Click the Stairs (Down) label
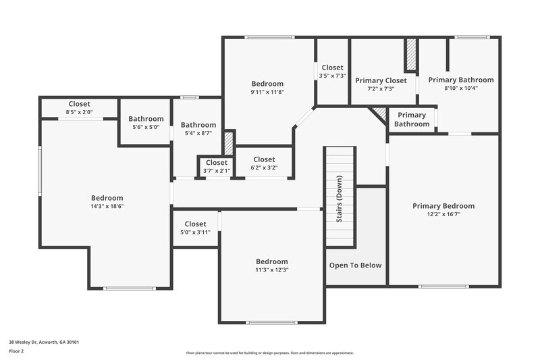pos(340,199)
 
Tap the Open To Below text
pos(355,265)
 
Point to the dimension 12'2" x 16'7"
pos(443,215)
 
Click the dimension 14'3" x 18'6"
pos(107,206)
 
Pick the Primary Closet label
pos(381,80)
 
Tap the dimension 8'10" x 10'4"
pos(461,88)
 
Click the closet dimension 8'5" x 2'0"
pos(79,112)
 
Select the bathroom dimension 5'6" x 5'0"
pos(146,127)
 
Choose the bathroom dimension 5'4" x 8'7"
pos(198,133)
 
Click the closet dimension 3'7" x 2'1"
pos(216,171)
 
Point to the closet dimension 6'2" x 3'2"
pos(263,168)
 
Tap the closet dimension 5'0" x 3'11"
pos(195,232)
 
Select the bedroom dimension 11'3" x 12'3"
pos(271,270)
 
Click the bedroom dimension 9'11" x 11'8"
pos(267,92)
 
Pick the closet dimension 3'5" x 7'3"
pos(332,76)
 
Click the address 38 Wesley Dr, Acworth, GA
pos(44,342)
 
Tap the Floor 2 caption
pos(16,352)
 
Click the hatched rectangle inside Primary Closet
pos(410,56)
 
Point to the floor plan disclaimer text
pos(270,353)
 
